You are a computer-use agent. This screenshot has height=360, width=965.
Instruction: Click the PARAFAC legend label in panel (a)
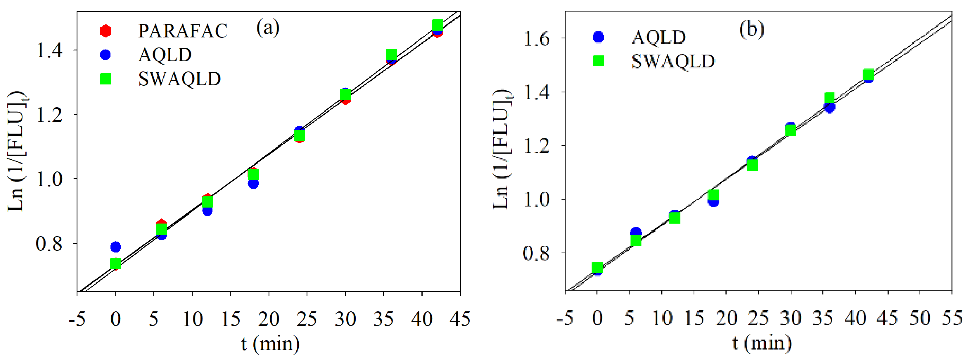[183, 31]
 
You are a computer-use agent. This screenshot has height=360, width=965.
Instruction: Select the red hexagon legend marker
[106, 31]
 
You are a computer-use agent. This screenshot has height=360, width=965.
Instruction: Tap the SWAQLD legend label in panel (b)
[673, 61]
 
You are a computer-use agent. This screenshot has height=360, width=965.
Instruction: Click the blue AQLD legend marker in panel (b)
[598, 37]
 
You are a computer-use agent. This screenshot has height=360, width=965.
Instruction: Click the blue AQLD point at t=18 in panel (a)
[253, 184]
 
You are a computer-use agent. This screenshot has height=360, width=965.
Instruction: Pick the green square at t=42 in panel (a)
[437, 25]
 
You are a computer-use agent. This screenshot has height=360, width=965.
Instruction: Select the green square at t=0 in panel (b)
[597, 267]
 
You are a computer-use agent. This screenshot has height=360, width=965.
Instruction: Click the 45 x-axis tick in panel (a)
[460, 319]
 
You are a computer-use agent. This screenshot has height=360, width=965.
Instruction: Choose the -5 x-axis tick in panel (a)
[77, 319]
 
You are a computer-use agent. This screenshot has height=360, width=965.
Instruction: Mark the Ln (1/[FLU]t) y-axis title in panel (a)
[17, 152]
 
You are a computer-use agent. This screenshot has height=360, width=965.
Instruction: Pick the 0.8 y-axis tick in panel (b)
[536, 253]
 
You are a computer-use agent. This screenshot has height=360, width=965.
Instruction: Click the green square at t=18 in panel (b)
[713, 195]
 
